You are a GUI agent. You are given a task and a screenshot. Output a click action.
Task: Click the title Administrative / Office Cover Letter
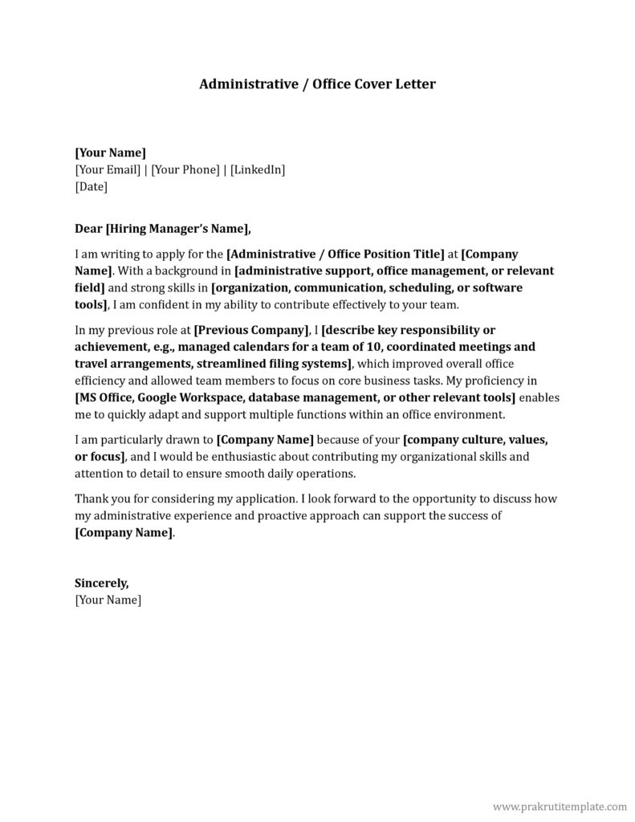317,84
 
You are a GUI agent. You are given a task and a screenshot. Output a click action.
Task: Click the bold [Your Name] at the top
110,153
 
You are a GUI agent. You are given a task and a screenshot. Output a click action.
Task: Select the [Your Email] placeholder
107,169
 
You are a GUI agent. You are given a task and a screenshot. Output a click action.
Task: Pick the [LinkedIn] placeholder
258,169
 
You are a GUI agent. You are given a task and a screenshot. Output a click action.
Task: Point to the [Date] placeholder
91,186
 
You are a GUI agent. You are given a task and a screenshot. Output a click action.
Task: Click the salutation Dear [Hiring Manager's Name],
162,229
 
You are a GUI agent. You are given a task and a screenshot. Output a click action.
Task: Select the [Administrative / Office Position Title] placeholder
336,254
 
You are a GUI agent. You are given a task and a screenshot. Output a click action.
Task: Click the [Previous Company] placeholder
252,330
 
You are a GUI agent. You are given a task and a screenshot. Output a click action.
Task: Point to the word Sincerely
101,584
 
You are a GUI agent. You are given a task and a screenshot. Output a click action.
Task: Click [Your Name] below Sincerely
108,600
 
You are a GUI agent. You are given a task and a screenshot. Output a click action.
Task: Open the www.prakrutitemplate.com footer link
559,805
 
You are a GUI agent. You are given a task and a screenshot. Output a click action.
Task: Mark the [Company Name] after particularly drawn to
265,440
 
